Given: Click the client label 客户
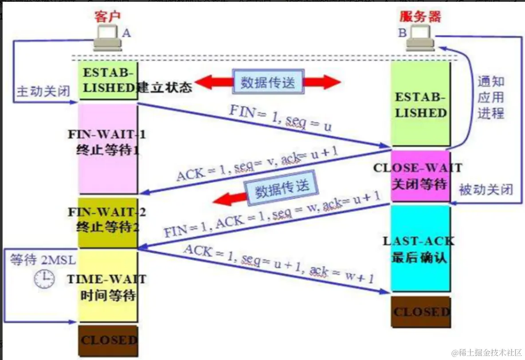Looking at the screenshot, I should coord(107,16).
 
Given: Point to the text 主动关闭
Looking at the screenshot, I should coord(43,91).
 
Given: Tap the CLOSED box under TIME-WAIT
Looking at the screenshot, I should coord(109,340).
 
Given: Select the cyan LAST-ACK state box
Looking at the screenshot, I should coord(420,248).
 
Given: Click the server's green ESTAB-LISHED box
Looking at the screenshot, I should coord(420,105).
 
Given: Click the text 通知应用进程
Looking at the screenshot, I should coord(490,97).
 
